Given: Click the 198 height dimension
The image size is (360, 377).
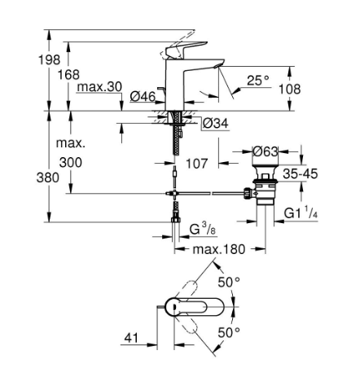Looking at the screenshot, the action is click(x=49, y=59).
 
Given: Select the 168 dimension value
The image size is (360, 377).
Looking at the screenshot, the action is click(x=68, y=75).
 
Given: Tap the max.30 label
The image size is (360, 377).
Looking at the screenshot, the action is click(x=99, y=87).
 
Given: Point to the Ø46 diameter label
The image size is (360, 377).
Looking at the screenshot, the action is click(x=143, y=96).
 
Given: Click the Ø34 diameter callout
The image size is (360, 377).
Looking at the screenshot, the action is click(x=216, y=124).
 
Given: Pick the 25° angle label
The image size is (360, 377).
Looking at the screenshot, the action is click(x=258, y=81).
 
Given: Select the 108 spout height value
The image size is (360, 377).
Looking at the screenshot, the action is click(x=290, y=89).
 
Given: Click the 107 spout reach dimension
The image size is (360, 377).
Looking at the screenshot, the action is click(x=197, y=164).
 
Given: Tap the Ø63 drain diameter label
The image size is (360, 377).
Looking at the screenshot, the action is click(x=266, y=151).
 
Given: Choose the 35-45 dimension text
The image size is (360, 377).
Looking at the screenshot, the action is click(x=301, y=173).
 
